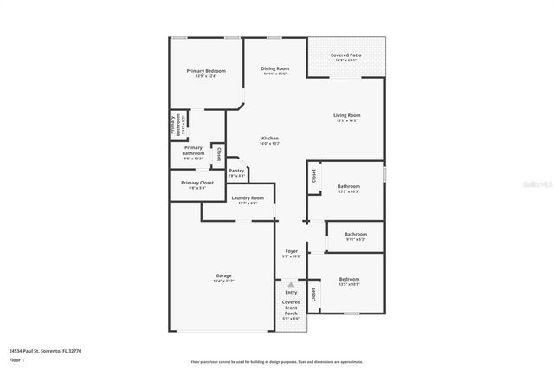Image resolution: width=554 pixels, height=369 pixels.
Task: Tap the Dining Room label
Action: coord(275,68)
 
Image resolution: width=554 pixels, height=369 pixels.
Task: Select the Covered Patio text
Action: coord(346,55)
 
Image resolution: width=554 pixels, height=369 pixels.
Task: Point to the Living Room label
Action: coord(347,114)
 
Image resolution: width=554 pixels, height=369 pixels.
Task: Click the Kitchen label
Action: coord(270,139)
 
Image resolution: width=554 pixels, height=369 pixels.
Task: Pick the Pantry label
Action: coord(236,171)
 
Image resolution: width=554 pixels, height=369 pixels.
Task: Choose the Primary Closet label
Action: coord(197,183)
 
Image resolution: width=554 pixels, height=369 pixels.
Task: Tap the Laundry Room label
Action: coord(248,197)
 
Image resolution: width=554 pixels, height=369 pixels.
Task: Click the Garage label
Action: coord(223,275)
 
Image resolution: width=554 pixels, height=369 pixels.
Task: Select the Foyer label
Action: coord(292,251)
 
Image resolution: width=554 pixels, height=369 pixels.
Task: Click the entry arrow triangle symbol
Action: coord(292,284)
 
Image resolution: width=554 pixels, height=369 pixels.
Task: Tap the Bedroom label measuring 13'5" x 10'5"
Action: coord(350,279)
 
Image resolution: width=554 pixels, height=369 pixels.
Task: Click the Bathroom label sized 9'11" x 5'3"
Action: coord(356,234)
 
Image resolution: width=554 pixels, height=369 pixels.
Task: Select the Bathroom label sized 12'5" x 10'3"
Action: coord(349,186)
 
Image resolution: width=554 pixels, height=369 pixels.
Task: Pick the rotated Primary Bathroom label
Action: coord(174,126)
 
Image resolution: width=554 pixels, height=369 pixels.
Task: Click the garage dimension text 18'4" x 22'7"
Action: coord(223,281)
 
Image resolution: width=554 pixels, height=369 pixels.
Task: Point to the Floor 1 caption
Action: coord(16,359)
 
